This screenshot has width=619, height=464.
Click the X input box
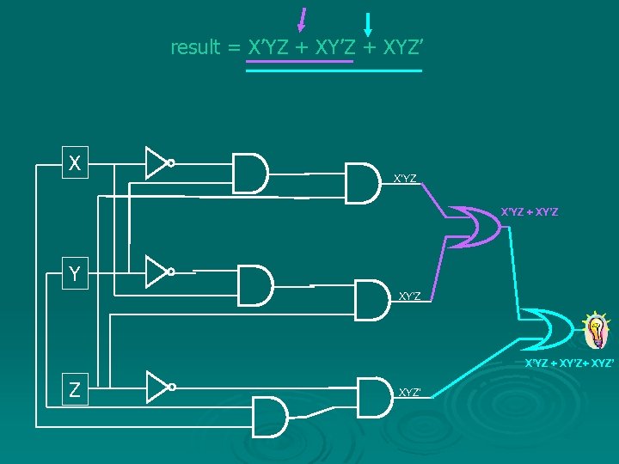click(x=76, y=162)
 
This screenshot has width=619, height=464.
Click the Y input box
click(x=76, y=274)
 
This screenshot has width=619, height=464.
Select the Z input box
click(x=76, y=389)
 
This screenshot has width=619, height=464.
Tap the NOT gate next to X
click(x=158, y=162)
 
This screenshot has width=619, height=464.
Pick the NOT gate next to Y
click(x=158, y=272)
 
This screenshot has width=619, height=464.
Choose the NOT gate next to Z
click(x=158, y=388)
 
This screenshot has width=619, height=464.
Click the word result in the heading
click(x=195, y=47)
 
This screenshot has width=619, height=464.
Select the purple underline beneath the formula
click(x=299, y=62)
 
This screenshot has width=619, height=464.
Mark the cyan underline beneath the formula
click(x=334, y=70)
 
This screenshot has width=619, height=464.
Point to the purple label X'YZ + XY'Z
click(x=530, y=211)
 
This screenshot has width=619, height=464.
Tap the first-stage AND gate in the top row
click(x=250, y=173)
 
